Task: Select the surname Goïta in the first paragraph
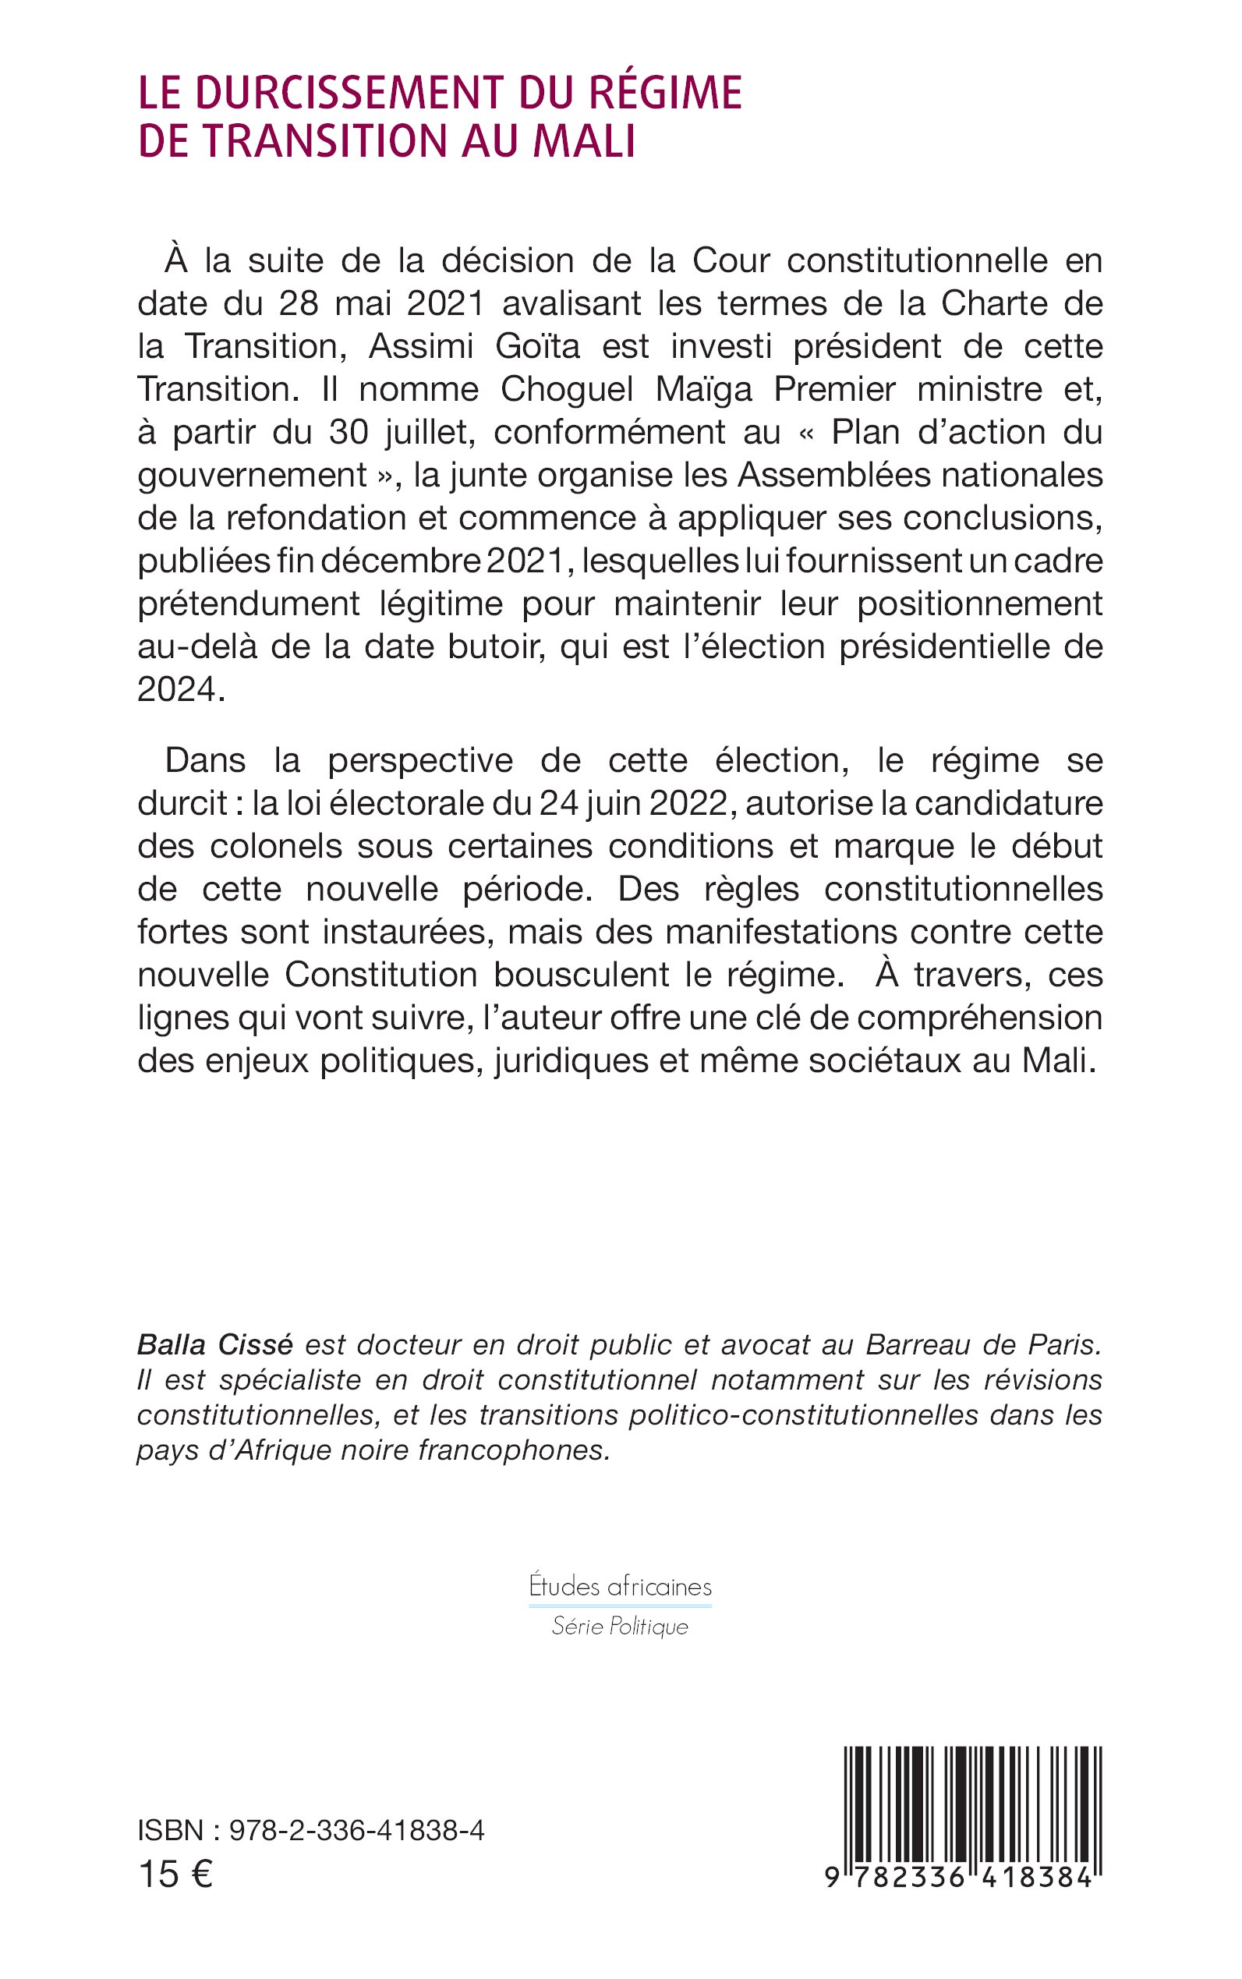click(x=537, y=346)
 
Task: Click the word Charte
click(x=994, y=303)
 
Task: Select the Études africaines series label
click(x=620, y=1586)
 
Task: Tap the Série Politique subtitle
click(x=620, y=1626)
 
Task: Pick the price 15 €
click(x=175, y=1875)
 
